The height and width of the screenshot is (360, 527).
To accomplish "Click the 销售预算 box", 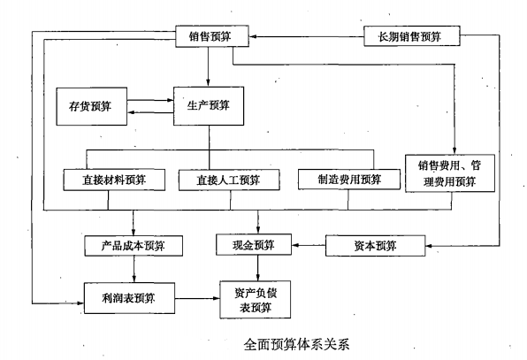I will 210,38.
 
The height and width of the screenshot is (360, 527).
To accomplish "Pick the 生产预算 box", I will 208,105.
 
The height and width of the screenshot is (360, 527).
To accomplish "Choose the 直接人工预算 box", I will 229,179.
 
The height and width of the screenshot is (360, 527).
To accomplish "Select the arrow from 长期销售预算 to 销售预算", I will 305,37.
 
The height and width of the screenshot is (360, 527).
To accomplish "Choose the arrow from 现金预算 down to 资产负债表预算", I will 258,267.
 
